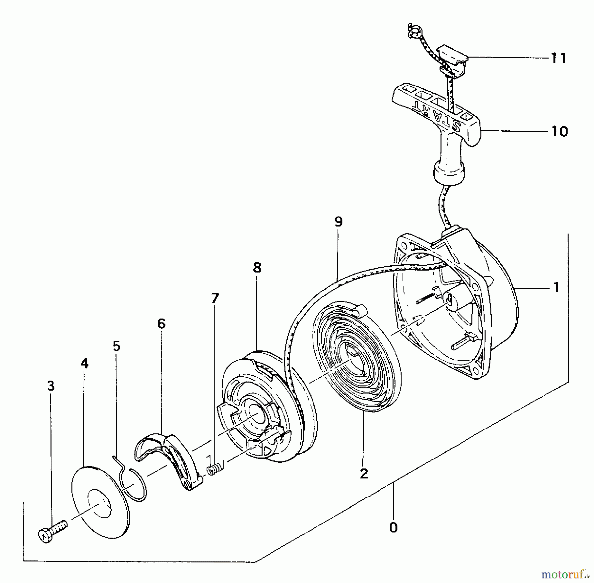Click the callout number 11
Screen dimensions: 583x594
(558, 58)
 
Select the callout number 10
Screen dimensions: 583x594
(559, 132)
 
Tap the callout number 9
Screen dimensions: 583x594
(338, 222)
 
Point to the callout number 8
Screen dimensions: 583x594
(257, 267)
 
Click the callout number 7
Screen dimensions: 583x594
(214, 298)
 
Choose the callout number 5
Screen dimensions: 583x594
(116, 346)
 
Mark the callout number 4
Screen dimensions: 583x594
(84, 363)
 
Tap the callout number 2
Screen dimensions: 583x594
(364, 474)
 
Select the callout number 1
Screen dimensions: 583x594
(556, 288)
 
